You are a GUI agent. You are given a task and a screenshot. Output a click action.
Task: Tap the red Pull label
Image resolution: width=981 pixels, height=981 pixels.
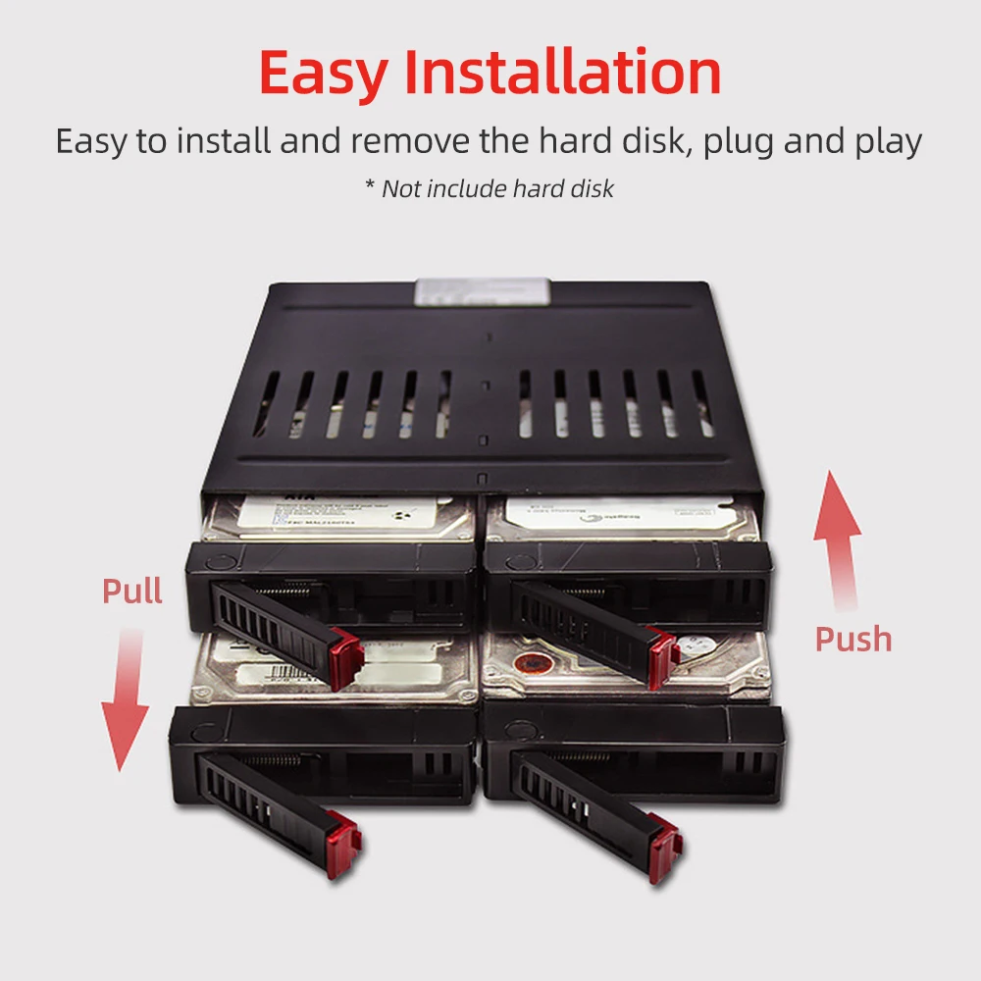(x=132, y=591)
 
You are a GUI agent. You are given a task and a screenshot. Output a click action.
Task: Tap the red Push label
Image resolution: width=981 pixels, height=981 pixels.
(x=853, y=639)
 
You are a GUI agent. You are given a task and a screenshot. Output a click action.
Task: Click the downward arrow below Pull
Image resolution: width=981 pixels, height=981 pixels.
(x=126, y=701)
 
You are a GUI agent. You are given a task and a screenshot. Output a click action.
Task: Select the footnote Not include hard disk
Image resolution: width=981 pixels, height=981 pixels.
(x=490, y=188)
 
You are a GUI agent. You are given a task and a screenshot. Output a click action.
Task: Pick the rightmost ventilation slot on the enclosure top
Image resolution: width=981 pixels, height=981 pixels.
(x=702, y=403)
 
